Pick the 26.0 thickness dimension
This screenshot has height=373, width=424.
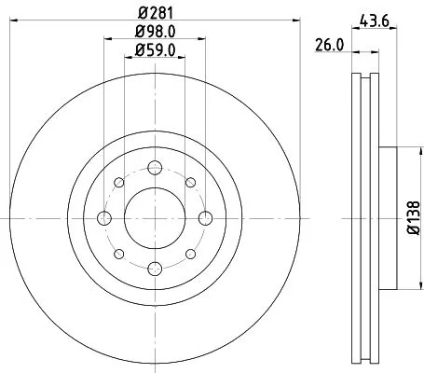pos(331,45)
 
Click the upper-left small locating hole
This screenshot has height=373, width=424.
pos(118,183)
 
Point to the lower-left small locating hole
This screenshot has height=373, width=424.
pos(118,254)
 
